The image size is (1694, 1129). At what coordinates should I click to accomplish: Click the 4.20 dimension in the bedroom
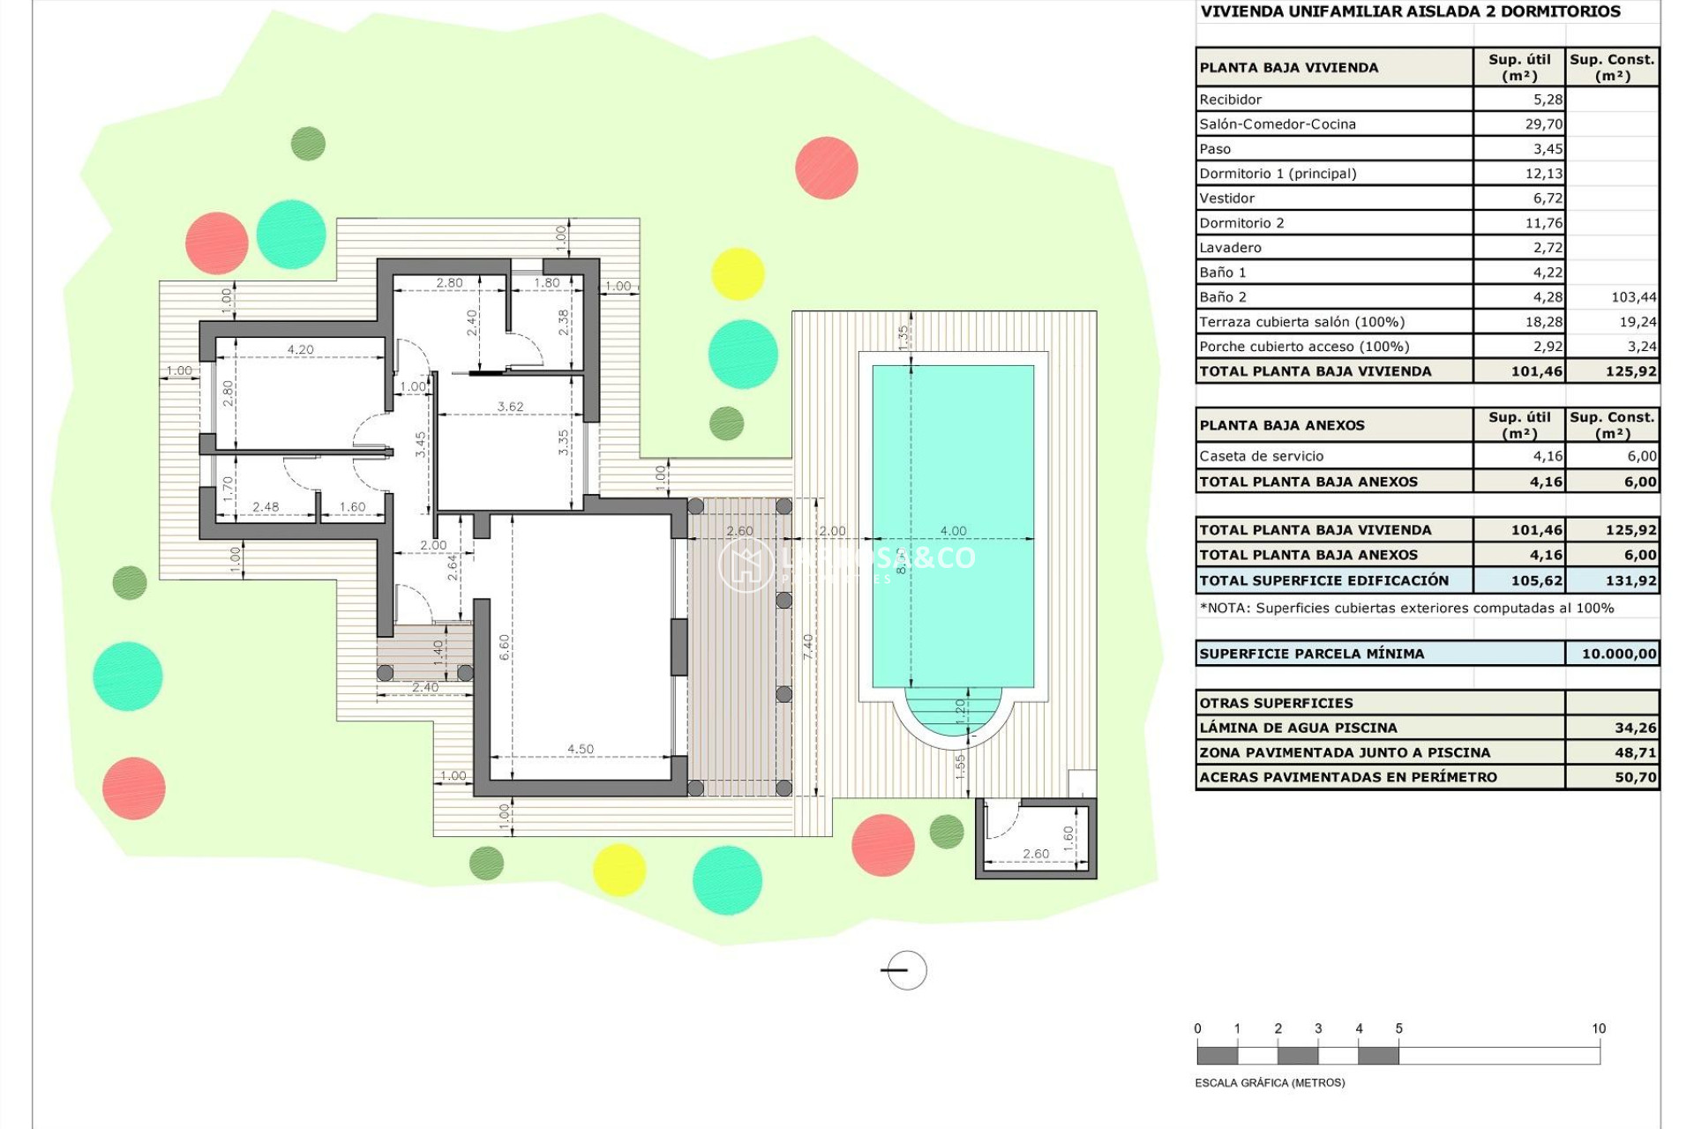(x=300, y=349)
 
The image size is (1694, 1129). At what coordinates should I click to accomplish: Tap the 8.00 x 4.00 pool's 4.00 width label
(x=953, y=531)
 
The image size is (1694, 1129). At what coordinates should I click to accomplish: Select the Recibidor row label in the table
(x=1230, y=100)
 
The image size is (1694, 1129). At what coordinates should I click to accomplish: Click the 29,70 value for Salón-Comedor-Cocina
(x=1543, y=124)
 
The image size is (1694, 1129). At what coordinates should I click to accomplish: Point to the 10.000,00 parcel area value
(x=1618, y=654)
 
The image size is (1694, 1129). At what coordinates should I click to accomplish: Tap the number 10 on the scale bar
(x=1598, y=1028)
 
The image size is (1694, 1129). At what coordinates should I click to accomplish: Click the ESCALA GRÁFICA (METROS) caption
(x=1270, y=1082)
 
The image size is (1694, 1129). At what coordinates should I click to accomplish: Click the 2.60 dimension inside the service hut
(x=1036, y=854)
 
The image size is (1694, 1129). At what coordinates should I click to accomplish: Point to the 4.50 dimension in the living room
(x=580, y=749)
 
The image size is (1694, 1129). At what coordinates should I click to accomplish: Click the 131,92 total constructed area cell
(x=1630, y=580)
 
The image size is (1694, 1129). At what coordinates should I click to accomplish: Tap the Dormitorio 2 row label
(x=1241, y=223)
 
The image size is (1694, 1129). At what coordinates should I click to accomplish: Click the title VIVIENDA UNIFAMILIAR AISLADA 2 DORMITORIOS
(x=1410, y=11)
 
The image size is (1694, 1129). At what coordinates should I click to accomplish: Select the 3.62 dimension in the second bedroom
(x=510, y=407)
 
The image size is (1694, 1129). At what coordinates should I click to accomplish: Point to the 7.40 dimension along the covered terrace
(x=808, y=647)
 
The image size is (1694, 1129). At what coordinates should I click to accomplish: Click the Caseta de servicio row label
(x=1261, y=456)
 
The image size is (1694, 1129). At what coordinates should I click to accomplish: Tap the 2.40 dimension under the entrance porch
(x=424, y=687)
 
